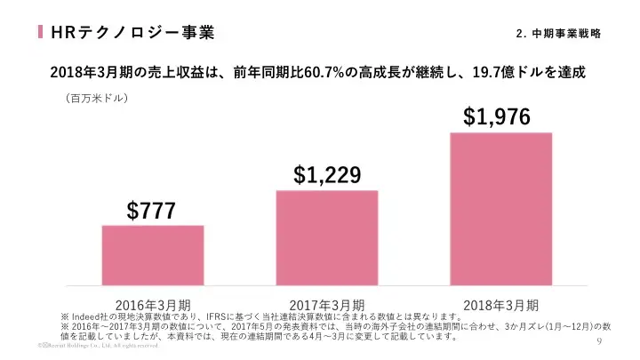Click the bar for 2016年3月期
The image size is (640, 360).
(152, 255)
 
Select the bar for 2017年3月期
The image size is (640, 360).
(326, 237)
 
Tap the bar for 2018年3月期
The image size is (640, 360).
(500, 209)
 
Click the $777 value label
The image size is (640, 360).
(151, 211)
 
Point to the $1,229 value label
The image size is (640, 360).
(327, 175)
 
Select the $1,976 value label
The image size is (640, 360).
(497, 116)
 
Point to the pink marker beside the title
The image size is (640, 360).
(41, 33)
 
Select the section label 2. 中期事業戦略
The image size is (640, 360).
(557, 34)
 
